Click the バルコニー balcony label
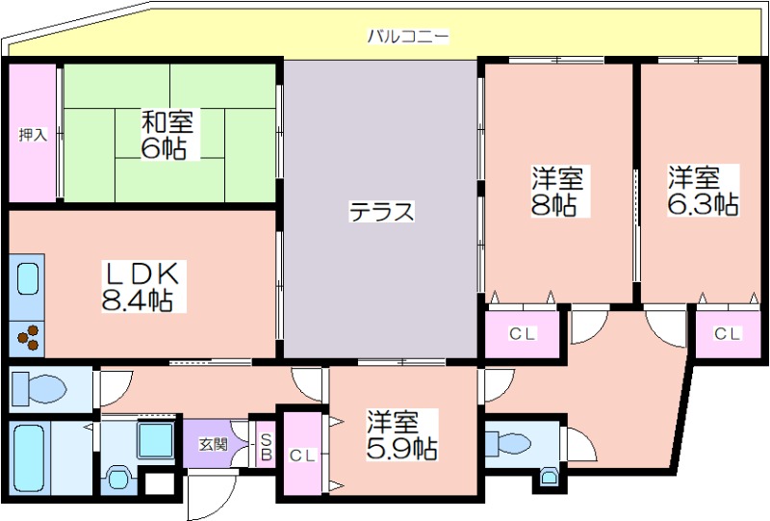point(408,37)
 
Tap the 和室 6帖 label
point(167,135)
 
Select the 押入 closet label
point(33,134)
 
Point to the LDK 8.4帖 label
point(142,287)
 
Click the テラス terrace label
point(381,212)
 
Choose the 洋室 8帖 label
point(556,192)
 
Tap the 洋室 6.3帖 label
point(703,191)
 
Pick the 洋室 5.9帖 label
point(401,435)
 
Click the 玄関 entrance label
point(214,445)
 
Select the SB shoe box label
point(266,447)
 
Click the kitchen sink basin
point(28,278)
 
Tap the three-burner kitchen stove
point(28,338)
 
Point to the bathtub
point(30,458)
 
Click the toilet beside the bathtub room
point(38,388)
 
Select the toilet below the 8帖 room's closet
point(508,443)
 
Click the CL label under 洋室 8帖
point(522,334)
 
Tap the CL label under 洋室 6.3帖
point(727,334)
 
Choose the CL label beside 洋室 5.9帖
point(302,456)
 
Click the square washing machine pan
point(155,439)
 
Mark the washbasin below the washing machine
point(117,477)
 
